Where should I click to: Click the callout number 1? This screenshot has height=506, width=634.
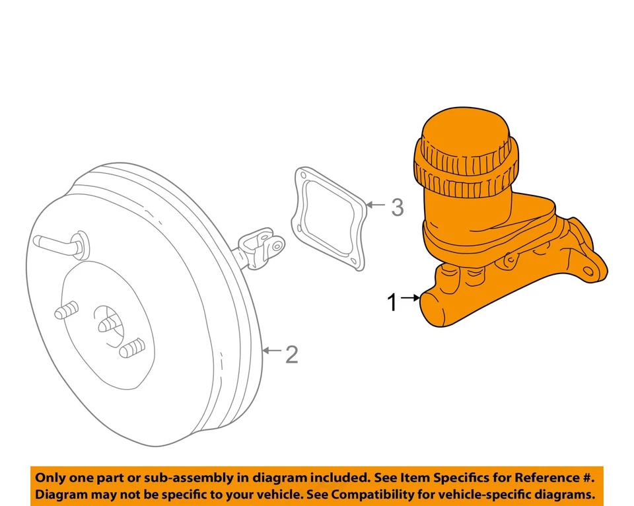[x=392, y=303]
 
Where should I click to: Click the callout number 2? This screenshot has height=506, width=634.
[x=291, y=355]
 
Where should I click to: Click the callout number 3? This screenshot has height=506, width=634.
[x=396, y=207]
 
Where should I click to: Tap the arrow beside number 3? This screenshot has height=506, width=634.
[x=374, y=205]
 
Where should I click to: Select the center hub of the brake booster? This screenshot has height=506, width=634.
[x=108, y=323]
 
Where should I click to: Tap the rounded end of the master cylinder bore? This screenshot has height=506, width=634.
[x=436, y=308]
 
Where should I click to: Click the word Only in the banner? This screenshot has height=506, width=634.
[x=50, y=478]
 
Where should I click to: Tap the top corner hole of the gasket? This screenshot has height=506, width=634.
[x=302, y=176]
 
